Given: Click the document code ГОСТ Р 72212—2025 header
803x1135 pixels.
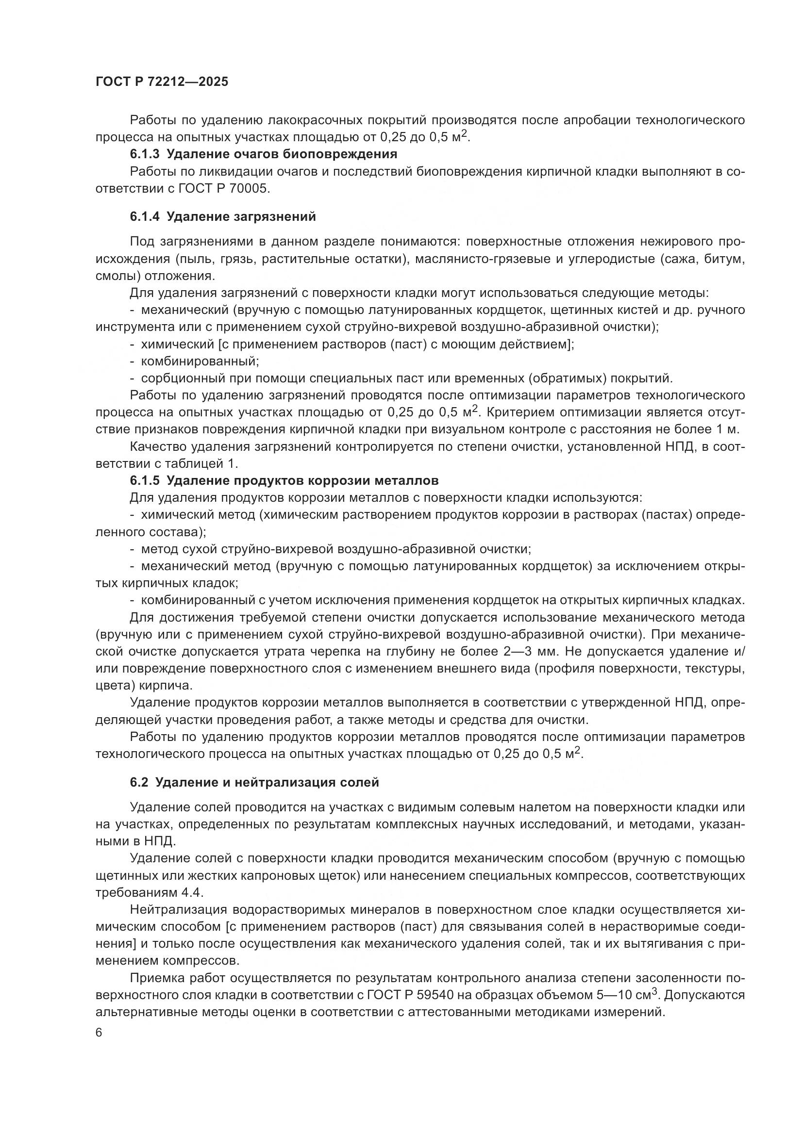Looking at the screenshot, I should (162, 82).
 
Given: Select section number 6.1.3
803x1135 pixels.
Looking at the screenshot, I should (144, 154).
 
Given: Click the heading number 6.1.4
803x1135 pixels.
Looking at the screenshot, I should (144, 216).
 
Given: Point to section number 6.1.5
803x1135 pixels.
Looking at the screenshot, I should (144, 480).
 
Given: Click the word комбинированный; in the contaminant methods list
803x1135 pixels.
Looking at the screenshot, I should (200, 361).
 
